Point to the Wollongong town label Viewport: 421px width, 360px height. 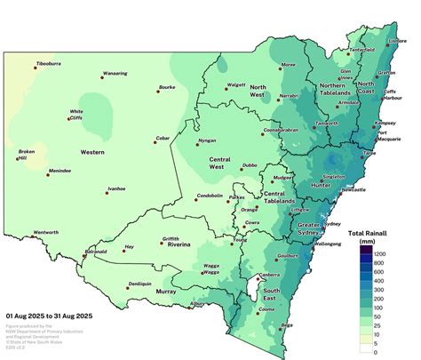(328, 243)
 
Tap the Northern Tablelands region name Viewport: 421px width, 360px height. (338, 89)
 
